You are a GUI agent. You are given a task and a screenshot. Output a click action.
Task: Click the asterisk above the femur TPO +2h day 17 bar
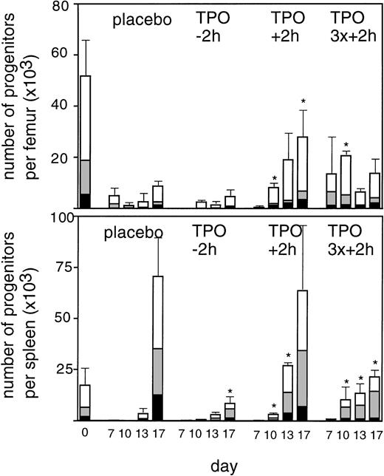(x=302, y=102)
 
